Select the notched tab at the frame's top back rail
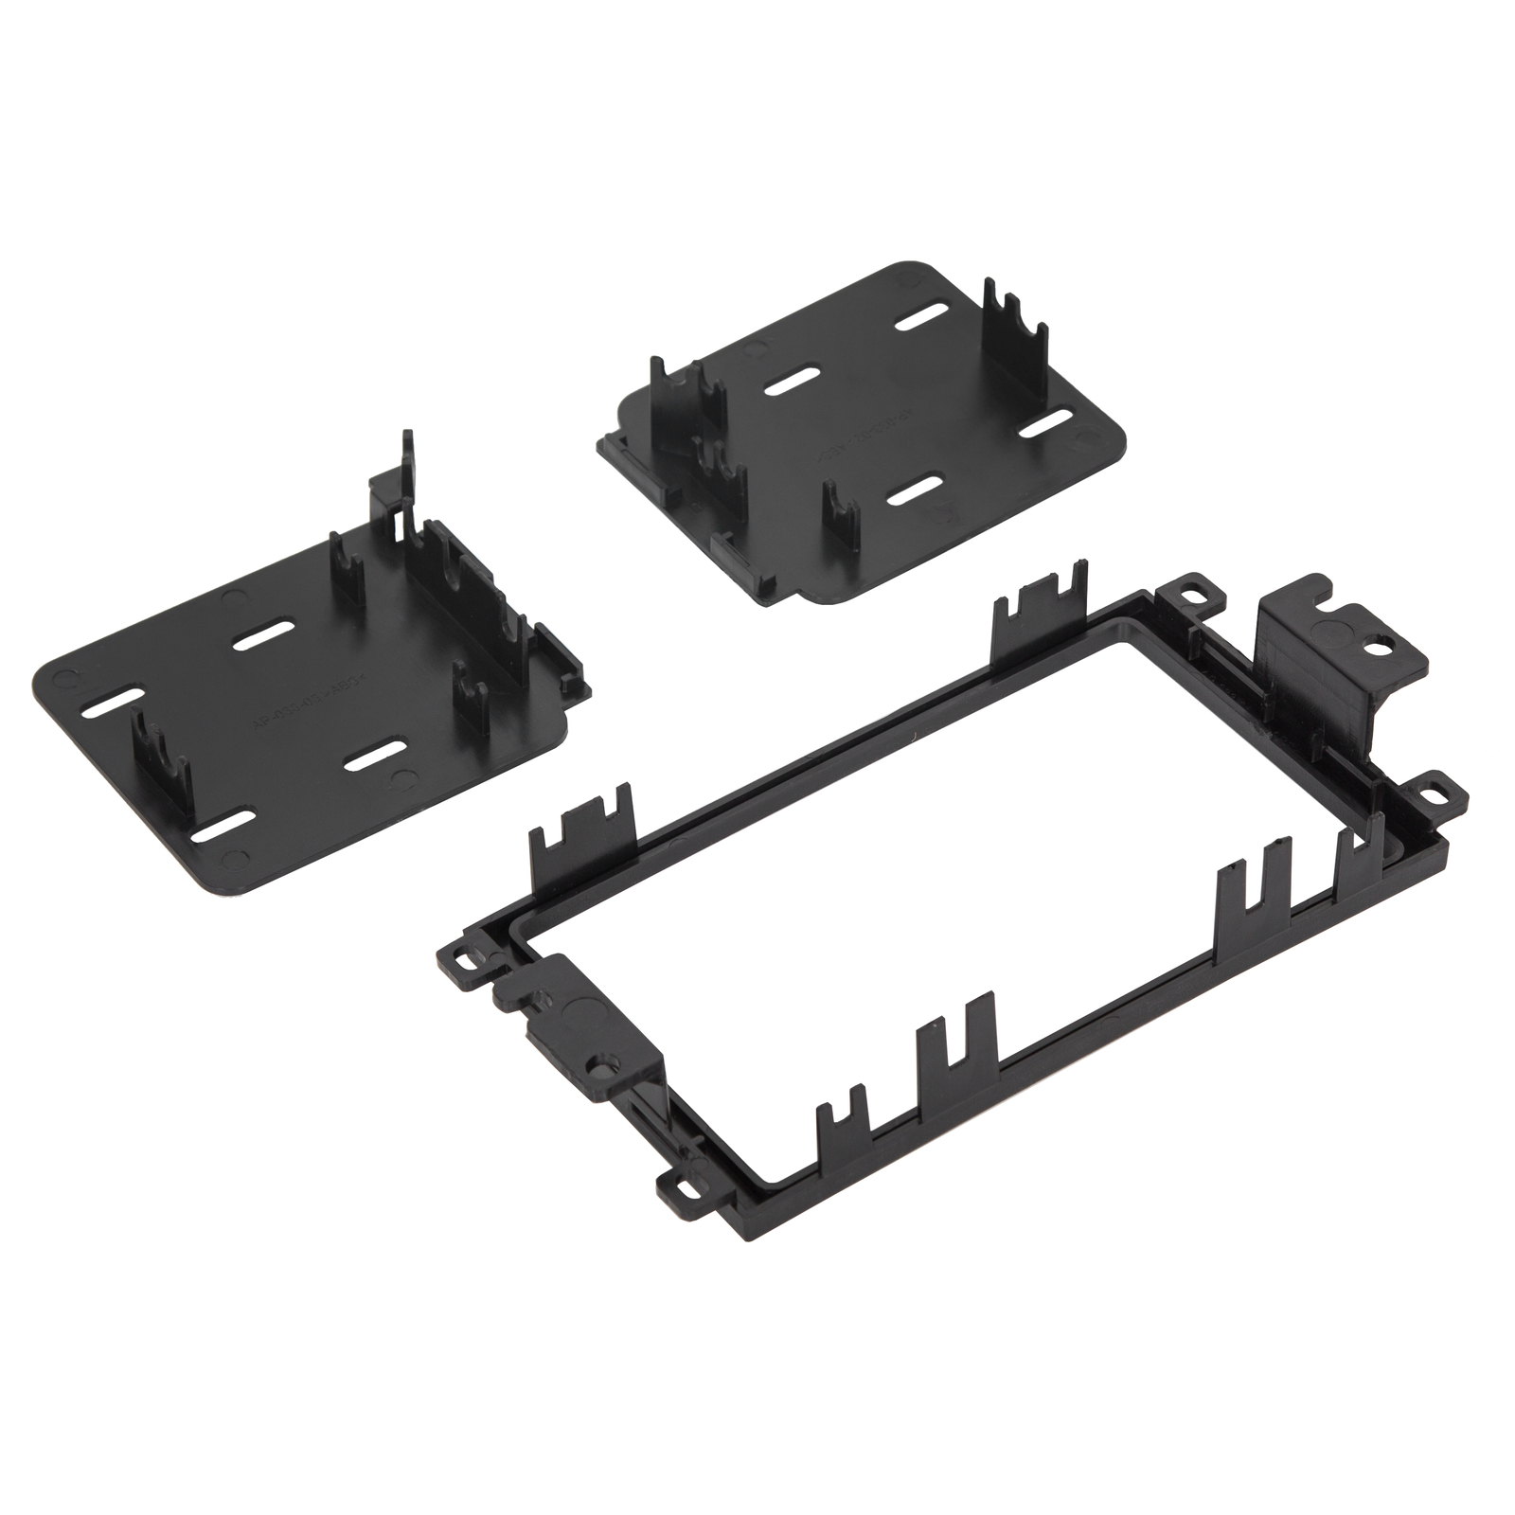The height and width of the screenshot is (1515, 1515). click(x=1040, y=608)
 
